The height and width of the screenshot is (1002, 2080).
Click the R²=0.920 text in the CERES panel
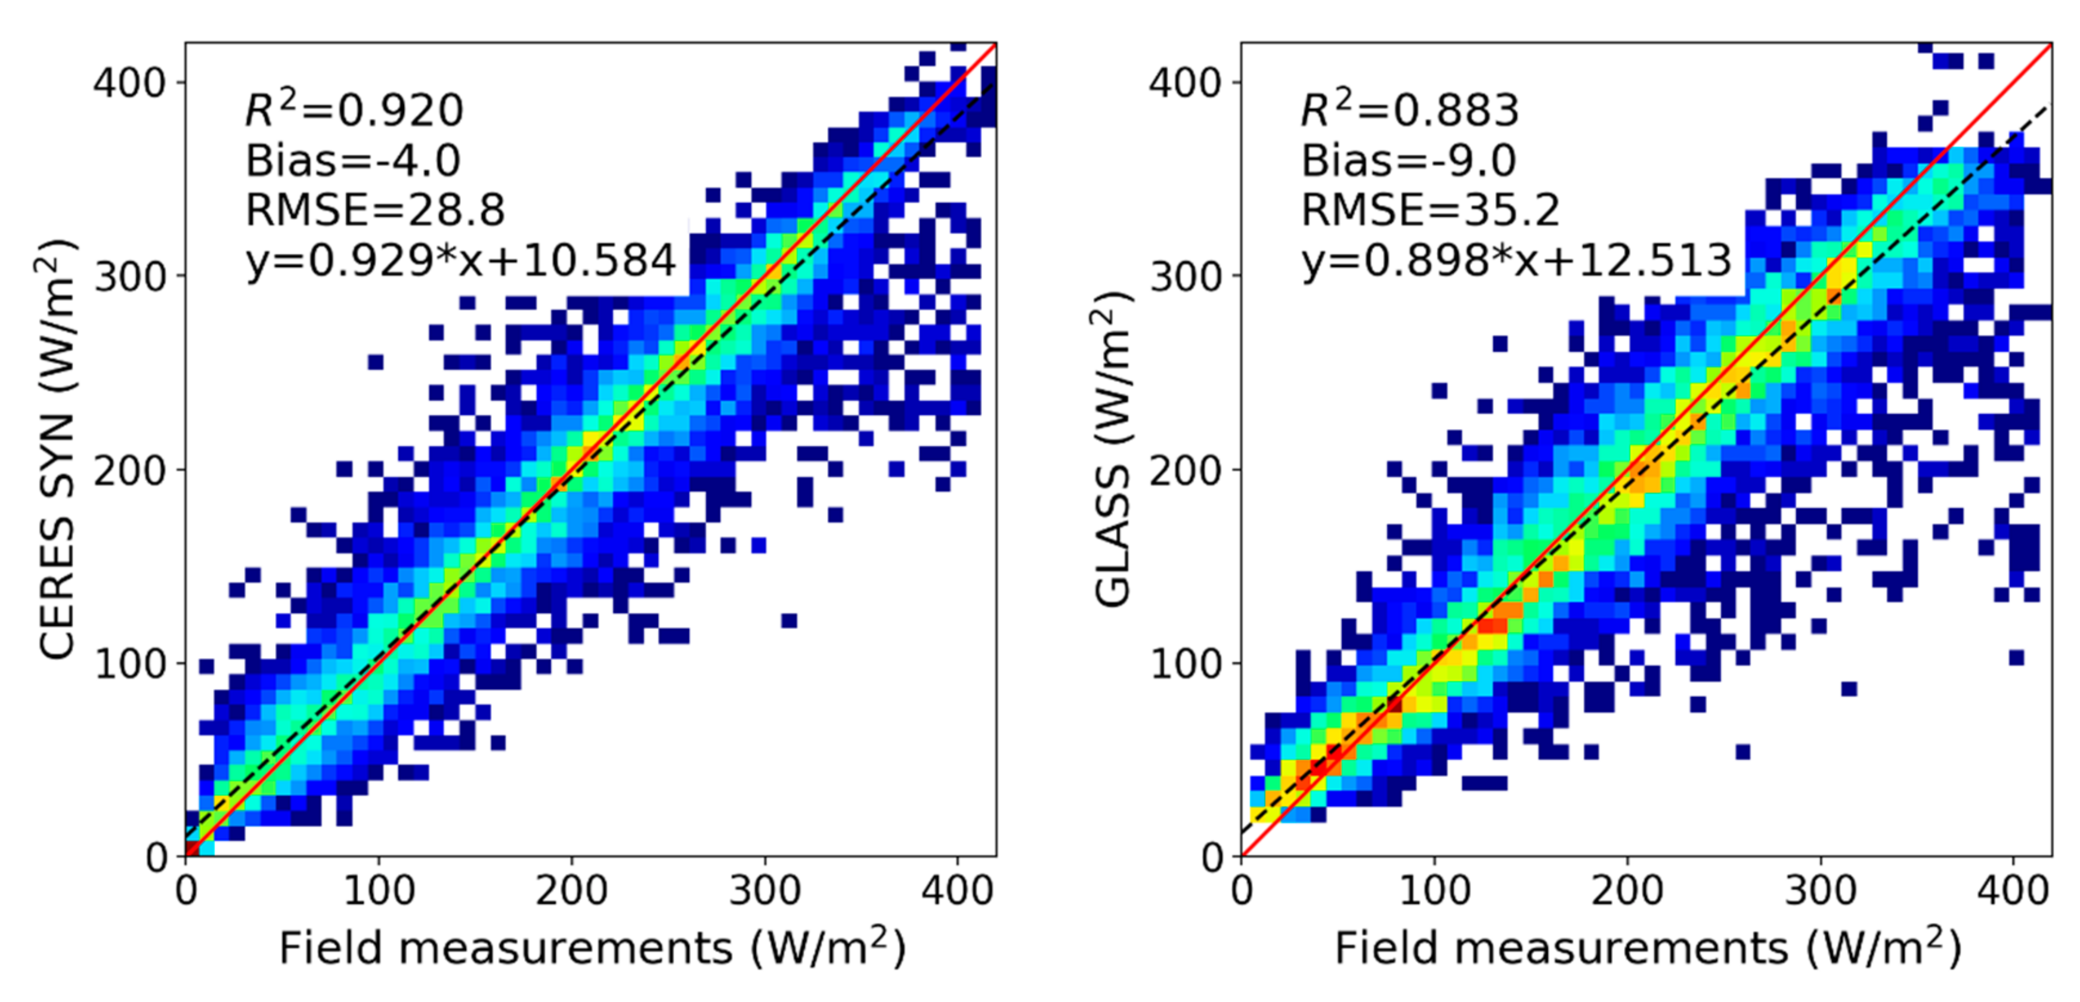[x=354, y=110]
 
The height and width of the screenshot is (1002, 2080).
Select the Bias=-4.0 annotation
[x=353, y=160]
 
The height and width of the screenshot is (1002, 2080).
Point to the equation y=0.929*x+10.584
[x=461, y=260]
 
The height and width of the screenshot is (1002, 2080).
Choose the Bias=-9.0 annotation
[x=1409, y=160]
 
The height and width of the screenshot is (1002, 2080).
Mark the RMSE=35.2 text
[x=1431, y=210]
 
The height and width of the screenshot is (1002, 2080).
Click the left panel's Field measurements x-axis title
[x=592, y=947]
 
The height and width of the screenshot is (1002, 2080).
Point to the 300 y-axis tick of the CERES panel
[x=130, y=276]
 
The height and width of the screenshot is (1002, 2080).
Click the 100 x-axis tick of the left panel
[x=379, y=890]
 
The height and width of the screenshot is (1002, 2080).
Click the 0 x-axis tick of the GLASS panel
[x=1242, y=890]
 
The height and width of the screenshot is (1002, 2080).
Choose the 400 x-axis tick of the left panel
[x=958, y=890]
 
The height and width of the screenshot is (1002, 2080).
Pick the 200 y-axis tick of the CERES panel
[x=130, y=470]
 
